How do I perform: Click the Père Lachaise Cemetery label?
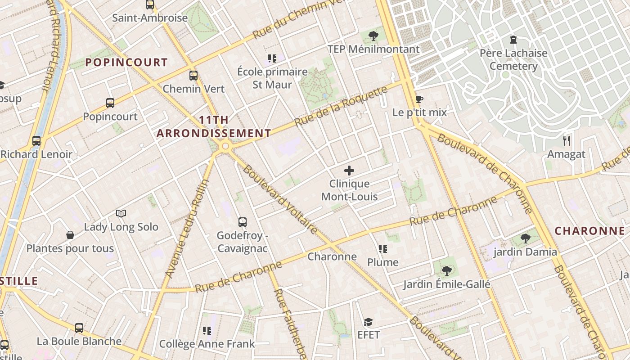513,59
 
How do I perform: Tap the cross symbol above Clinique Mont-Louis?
349,171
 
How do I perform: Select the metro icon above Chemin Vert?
193,75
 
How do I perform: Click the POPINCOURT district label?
126,63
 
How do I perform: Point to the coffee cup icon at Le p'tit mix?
419,99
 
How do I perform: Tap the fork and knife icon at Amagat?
567,141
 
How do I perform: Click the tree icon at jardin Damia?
525,238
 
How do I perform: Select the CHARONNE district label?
589,231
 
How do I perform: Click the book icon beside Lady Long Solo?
121,213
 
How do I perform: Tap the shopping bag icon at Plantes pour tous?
70,235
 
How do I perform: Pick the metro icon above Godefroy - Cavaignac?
243,222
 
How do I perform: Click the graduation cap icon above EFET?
369,322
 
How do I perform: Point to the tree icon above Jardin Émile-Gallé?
446,270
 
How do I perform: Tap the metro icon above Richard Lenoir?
36,141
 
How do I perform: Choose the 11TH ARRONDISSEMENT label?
214,127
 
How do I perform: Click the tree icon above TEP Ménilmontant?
373,36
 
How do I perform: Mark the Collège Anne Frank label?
207,344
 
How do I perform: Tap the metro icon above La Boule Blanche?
79,328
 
